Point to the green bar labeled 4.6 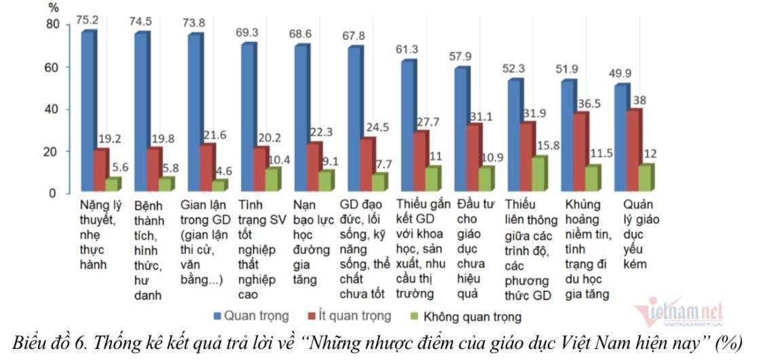point(219,185)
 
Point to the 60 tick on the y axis point(52,67)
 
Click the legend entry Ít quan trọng point(350,316)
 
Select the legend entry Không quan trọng point(465,317)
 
